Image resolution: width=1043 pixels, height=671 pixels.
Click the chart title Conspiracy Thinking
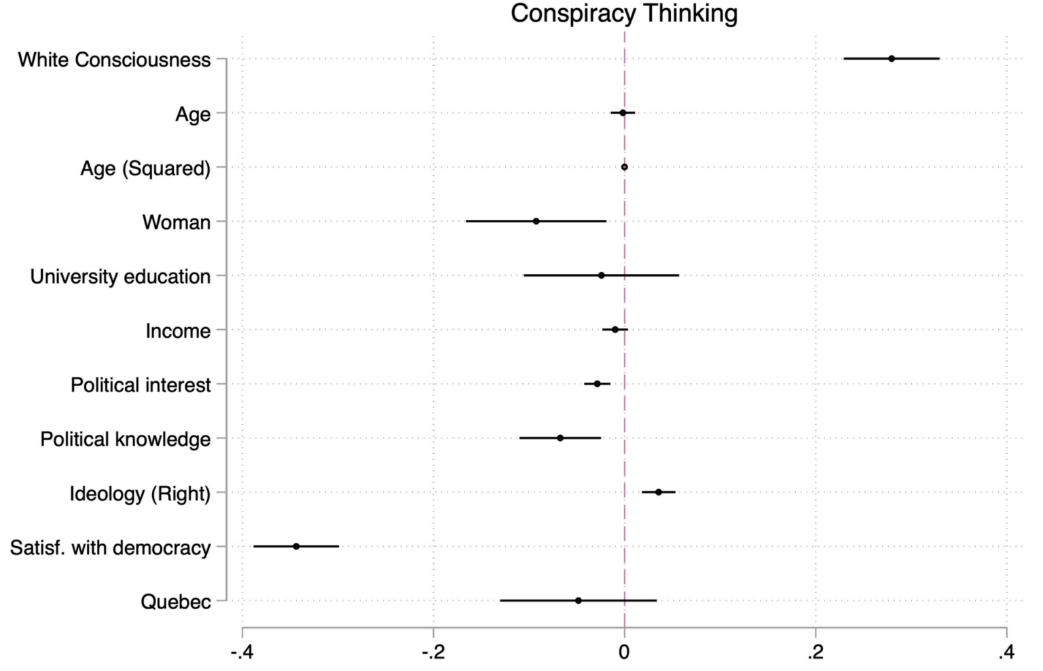coord(624,14)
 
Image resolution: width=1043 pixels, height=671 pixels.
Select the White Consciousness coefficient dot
coord(892,59)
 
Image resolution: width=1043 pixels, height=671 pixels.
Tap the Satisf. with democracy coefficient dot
coord(296,546)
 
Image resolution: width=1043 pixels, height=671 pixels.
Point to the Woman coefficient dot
coord(536,221)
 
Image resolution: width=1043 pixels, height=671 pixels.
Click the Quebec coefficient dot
coord(579,600)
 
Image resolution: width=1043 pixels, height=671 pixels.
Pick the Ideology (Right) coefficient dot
coord(659,492)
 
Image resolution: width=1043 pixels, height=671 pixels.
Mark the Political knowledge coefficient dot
coord(560,438)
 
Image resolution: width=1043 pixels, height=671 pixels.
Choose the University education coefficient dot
coord(601,275)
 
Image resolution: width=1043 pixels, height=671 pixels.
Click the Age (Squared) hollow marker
coord(625,167)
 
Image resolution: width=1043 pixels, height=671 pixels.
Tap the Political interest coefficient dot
coord(598,384)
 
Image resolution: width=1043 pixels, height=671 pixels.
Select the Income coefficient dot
coord(615,330)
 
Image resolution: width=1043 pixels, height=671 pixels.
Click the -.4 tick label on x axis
coord(242,653)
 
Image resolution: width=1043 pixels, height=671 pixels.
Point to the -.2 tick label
coord(433,653)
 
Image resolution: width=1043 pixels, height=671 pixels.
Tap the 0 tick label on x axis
coord(625,653)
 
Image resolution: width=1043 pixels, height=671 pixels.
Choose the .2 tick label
coord(816,653)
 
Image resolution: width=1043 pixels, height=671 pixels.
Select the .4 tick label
coord(1006,653)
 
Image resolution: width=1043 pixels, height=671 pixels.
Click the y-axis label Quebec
coord(176,602)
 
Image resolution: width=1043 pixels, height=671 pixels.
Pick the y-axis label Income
coord(178,331)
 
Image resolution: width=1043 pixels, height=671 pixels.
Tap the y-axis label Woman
coord(177,223)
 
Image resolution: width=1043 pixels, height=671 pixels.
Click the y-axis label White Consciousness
coord(114,60)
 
